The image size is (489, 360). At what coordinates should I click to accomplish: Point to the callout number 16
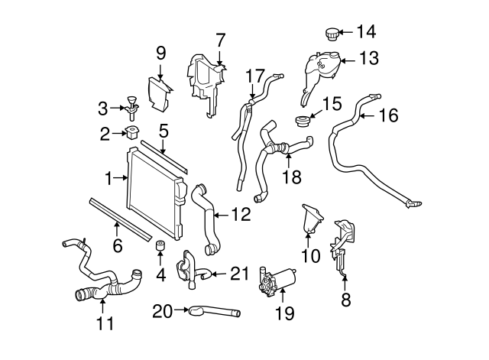click(x=388, y=115)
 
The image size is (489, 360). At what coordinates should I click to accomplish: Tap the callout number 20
click(x=163, y=310)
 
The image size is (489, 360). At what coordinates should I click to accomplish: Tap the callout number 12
click(x=240, y=215)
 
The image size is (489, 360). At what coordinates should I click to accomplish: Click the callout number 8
click(x=345, y=300)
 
